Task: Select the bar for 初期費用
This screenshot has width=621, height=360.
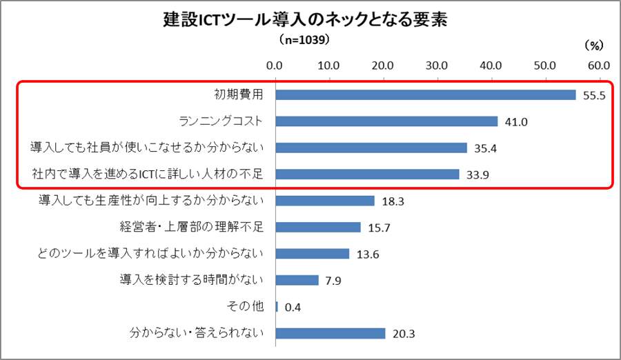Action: [x=425, y=94]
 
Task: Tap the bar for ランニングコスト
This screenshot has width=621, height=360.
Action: [x=386, y=121]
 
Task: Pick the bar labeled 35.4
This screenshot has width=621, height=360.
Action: [x=371, y=148]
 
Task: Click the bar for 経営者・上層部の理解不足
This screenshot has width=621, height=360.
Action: [x=318, y=227]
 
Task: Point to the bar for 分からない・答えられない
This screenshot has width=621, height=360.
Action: [x=331, y=333]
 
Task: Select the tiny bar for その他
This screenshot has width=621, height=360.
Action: [x=277, y=307]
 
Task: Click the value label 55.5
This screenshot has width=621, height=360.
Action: [x=593, y=96]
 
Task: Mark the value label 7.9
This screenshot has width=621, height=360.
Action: [x=333, y=281]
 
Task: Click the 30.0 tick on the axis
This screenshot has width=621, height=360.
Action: [x=436, y=66]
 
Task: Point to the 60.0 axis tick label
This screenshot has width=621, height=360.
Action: [x=598, y=66]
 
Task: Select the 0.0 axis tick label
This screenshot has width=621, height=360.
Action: [x=275, y=66]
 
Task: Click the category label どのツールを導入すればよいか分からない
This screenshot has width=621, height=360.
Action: [x=150, y=254]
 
